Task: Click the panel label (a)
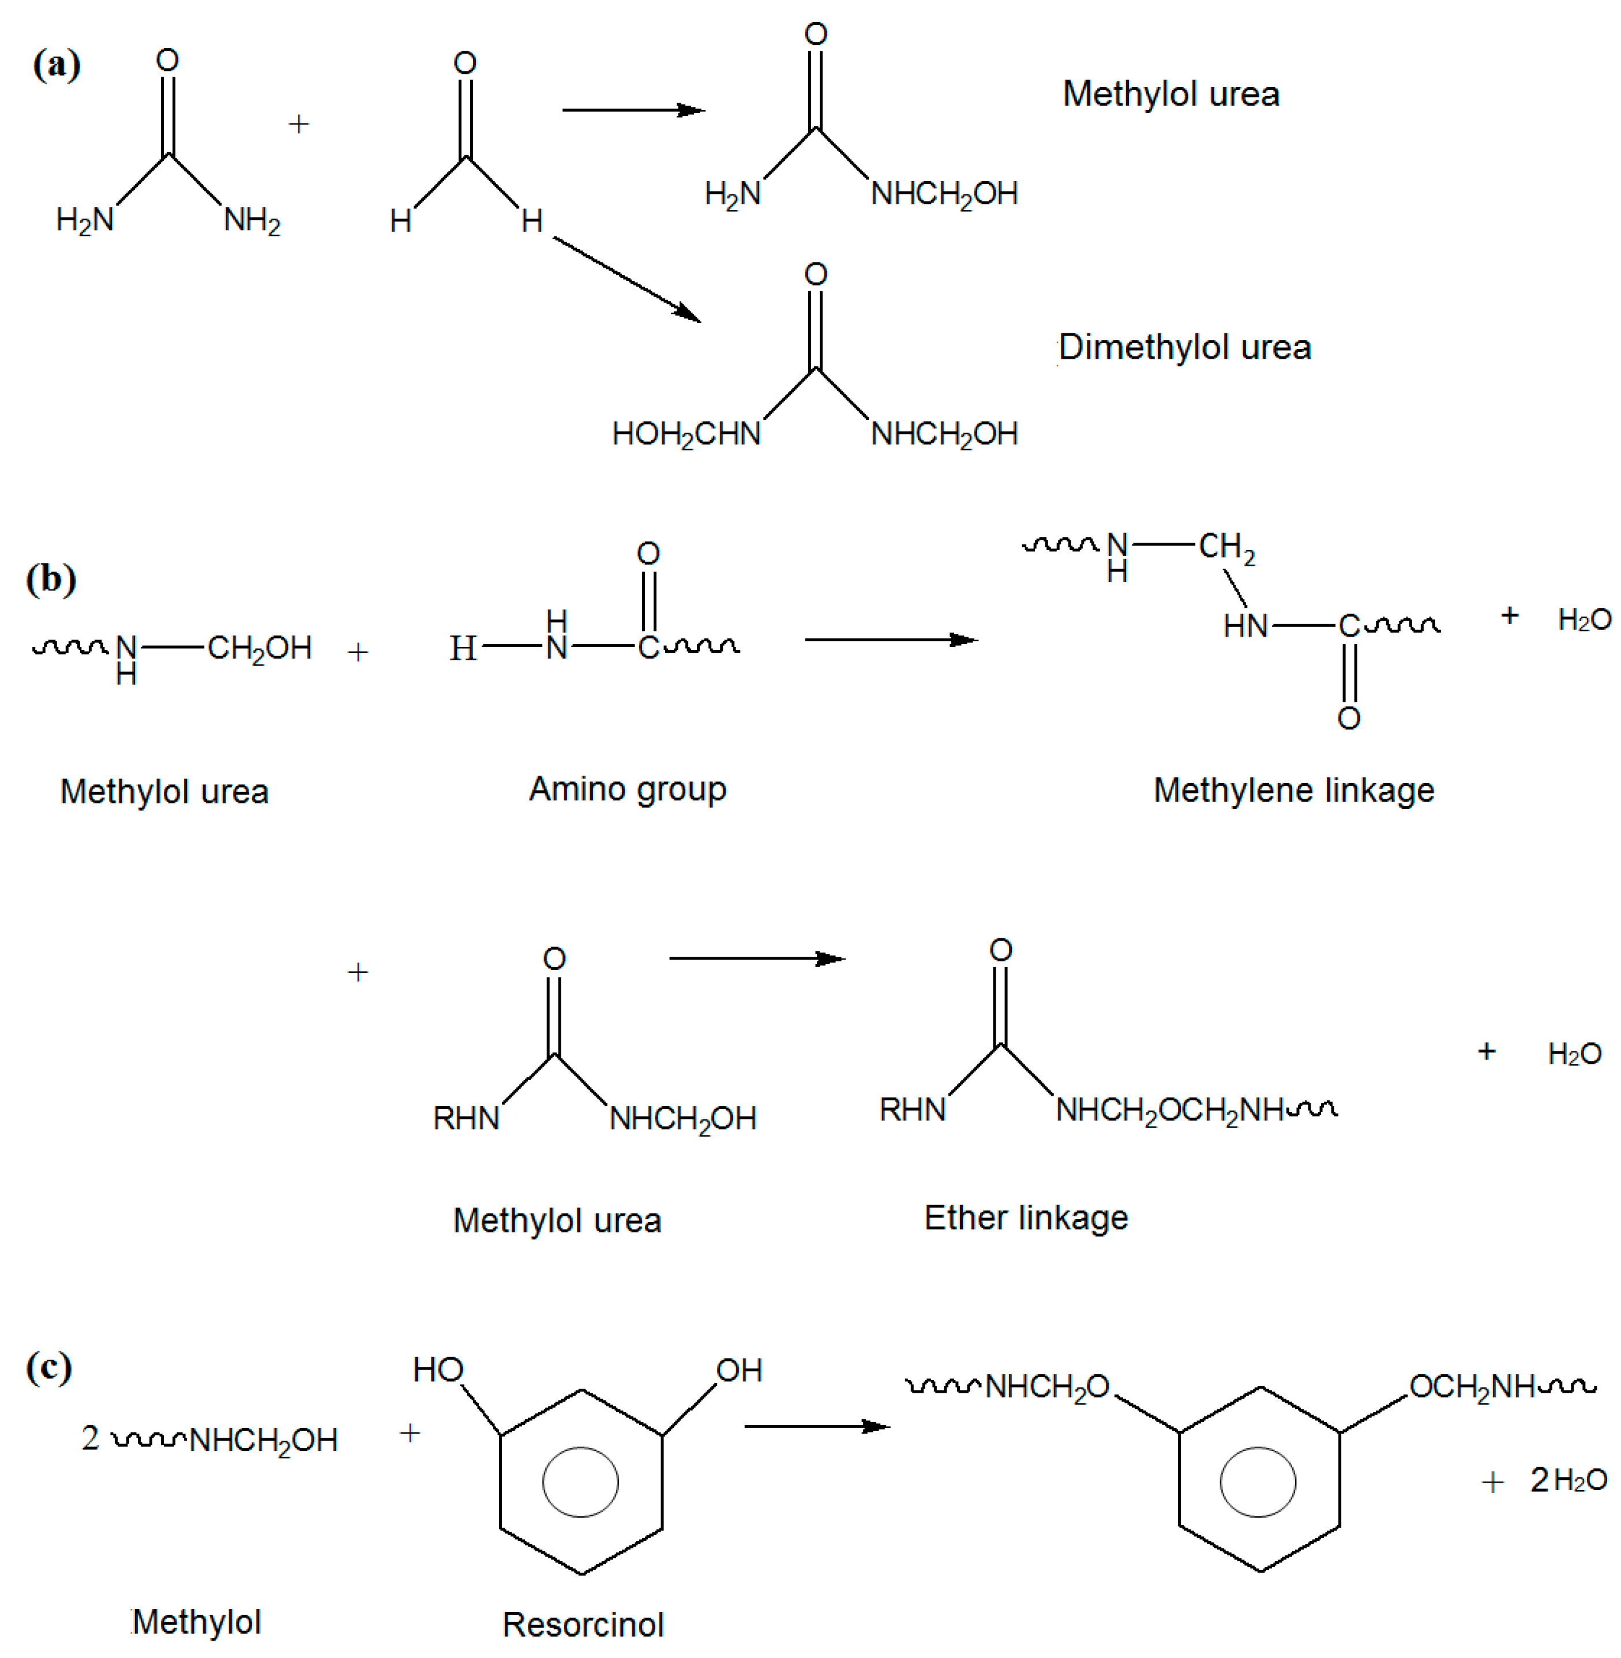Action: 56,65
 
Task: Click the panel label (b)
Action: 51,579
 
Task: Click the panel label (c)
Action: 48,1367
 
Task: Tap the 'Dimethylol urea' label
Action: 1184,347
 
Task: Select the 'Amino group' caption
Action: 628,789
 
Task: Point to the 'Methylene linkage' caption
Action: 1293,791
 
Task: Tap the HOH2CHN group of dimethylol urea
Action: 686,435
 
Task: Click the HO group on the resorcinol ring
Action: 438,1370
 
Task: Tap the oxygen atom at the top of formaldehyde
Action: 465,62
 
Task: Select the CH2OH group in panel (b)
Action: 260,649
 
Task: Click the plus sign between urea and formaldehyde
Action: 298,124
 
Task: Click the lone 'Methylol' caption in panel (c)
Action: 197,1622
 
